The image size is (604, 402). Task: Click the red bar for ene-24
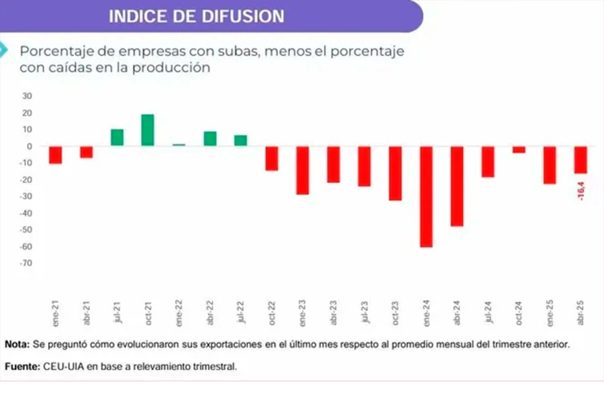[x=426, y=196]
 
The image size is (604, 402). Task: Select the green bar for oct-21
[x=148, y=130]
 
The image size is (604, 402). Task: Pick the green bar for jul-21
[x=117, y=137]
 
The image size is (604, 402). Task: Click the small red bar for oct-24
[x=519, y=149]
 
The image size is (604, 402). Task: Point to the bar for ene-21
[x=55, y=155]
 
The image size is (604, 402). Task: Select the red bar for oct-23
[x=395, y=173]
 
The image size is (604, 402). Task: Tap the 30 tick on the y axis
[x=28, y=96]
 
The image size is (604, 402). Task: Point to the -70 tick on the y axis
[x=26, y=263]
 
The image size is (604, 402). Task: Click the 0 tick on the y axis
[x=30, y=146]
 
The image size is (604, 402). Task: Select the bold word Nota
[x=17, y=344]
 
